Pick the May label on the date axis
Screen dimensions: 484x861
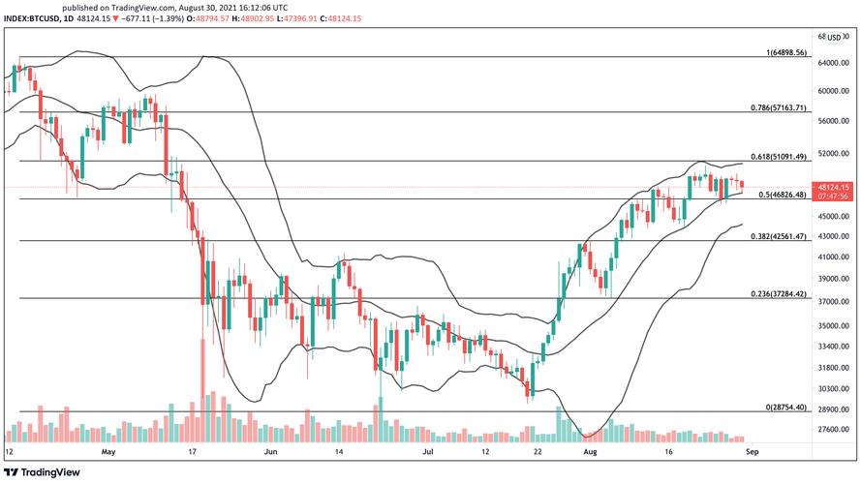click(108, 451)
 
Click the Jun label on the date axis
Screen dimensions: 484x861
click(272, 451)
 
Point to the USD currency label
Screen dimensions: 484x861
click(835, 37)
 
